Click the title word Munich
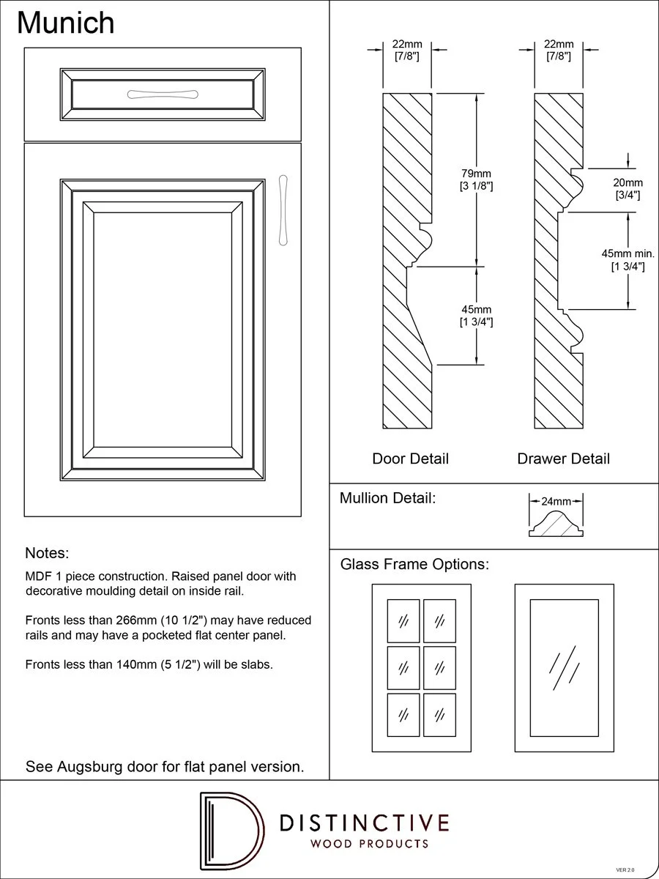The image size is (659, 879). pos(66,23)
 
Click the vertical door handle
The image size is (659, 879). pos(283,209)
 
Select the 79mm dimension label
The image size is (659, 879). pos(476,174)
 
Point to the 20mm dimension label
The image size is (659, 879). pos(628,182)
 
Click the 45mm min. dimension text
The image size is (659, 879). pos(628,253)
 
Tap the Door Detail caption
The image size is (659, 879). pos(410,459)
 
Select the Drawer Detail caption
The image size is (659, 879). pos(563,459)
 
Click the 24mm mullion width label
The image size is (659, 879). pos(556,502)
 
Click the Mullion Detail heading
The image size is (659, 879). pos(387,499)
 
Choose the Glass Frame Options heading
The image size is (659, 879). pos(414,565)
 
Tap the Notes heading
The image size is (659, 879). pos(47,552)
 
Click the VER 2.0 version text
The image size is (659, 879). pos(625,869)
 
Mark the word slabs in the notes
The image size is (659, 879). pos(256,664)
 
